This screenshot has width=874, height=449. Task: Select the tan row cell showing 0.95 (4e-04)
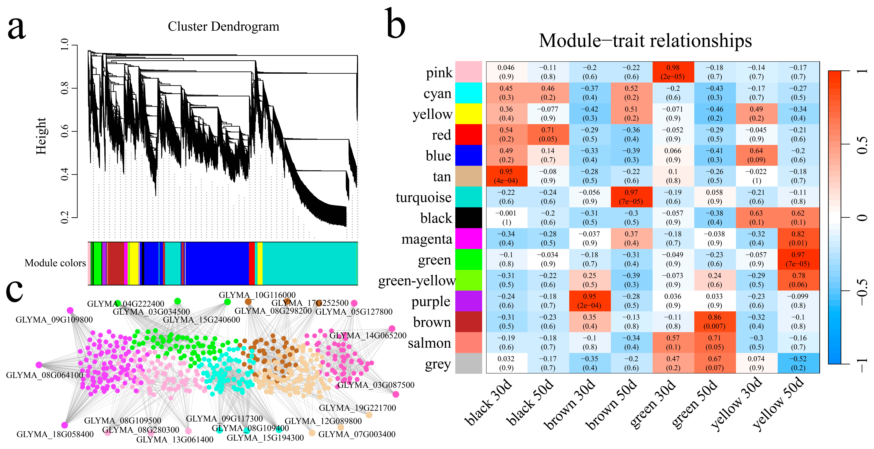click(x=506, y=176)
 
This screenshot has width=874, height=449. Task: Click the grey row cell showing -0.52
click(x=798, y=363)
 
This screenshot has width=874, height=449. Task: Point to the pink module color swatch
click(x=468, y=72)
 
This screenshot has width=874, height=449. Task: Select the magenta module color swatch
click(x=468, y=239)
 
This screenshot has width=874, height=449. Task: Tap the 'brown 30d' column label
click(x=570, y=404)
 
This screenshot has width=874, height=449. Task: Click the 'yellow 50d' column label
click(x=779, y=404)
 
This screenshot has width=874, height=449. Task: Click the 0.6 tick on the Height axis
click(x=64, y=131)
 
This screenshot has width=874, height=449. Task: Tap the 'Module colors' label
click(x=55, y=263)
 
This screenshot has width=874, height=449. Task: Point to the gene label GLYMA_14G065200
click(x=368, y=336)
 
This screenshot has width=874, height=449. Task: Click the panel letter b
click(x=395, y=24)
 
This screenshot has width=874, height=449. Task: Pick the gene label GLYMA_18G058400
click(x=55, y=434)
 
